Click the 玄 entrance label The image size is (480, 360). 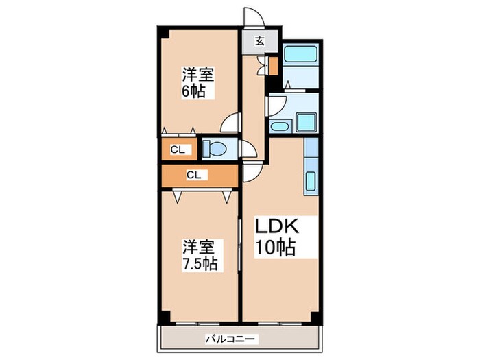point(261,40)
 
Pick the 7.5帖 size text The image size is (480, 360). point(200,264)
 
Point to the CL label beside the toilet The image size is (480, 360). point(178,149)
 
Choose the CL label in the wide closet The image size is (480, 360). point(193,175)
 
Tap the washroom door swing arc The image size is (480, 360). point(276,104)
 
